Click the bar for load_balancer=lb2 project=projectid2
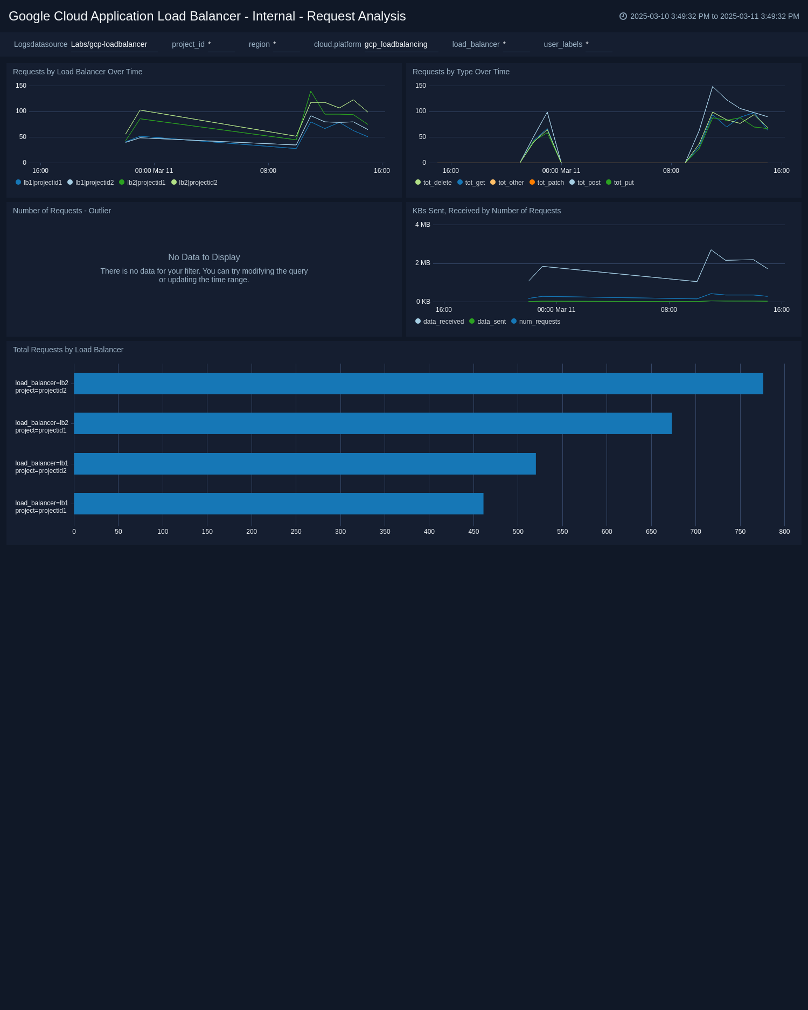[418, 384]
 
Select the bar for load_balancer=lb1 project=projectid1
[278, 504]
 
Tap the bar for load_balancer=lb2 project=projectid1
[373, 423]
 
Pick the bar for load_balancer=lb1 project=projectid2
[305, 464]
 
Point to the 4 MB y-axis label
[422, 225]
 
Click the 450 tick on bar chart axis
[473, 532]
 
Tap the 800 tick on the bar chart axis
[784, 532]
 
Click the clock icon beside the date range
[623, 16]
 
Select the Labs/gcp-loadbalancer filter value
[109, 44]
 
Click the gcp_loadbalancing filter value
[396, 44]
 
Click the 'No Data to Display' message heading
[204, 257]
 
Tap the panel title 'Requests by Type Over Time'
[461, 72]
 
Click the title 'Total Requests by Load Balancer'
[68, 350]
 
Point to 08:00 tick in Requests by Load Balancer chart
[268, 171]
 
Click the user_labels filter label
[562, 44]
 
